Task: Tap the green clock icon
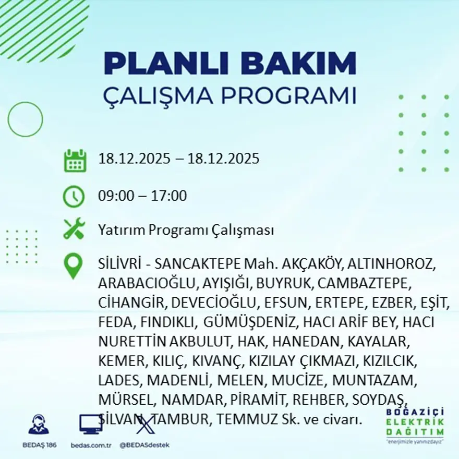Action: tap(74, 197)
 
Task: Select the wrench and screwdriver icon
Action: tap(74, 229)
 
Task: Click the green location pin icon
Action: tap(73, 265)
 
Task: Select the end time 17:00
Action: tap(169, 196)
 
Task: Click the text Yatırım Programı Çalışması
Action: tap(186, 230)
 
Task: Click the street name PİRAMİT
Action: tap(260, 400)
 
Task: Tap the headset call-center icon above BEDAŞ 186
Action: tap(39, 424)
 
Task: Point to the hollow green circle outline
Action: tap(25, 119)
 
